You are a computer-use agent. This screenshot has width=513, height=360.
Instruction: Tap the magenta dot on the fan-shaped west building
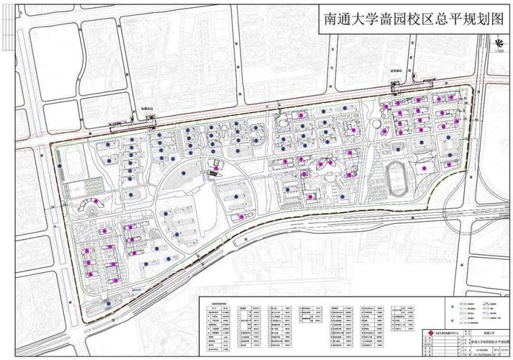91,203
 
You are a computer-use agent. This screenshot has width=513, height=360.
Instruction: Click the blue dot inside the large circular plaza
185,174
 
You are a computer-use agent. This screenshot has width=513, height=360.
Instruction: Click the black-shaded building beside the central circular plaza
213,170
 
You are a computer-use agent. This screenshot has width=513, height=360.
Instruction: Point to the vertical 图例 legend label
452,311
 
